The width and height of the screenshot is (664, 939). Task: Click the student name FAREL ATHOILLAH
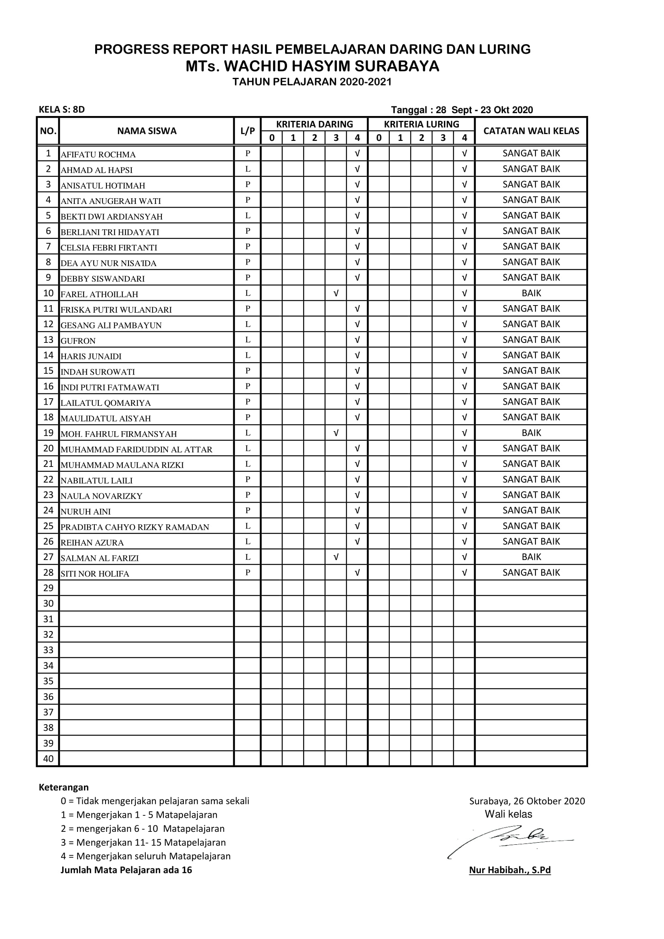coord(99,294)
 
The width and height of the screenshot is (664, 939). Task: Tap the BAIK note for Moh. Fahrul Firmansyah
coord(531,433)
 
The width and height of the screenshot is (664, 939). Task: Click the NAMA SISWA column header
coord(147,131)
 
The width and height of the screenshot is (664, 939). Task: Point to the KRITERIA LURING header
coord(421,124)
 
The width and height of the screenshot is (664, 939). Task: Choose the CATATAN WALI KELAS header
coord(531,131)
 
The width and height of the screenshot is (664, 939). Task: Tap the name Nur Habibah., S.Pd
coord(510,870)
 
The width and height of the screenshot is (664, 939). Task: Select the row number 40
coord(48,759)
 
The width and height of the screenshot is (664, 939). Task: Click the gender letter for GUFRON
coord(247,340)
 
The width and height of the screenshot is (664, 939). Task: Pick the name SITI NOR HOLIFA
coord(95,574)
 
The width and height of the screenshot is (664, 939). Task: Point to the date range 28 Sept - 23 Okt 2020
coord(484,110)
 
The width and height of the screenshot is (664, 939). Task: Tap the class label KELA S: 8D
coord(62,110)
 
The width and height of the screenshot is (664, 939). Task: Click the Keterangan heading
coord(63,787)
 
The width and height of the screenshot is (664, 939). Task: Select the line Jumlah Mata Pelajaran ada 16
coord(126,870)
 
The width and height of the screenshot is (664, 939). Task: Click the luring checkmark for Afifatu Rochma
coord(464,153)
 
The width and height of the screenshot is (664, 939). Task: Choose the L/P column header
coord(247,131)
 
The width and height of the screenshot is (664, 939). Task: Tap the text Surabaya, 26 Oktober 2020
coord(527,801)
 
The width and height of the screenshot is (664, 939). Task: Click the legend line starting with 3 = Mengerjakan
coord(143,843)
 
